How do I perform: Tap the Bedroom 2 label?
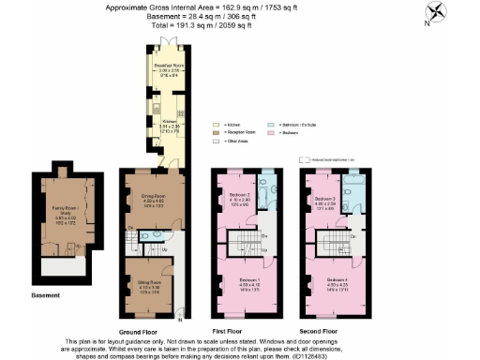pos(239,199)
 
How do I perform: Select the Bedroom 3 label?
pos(323,202)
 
